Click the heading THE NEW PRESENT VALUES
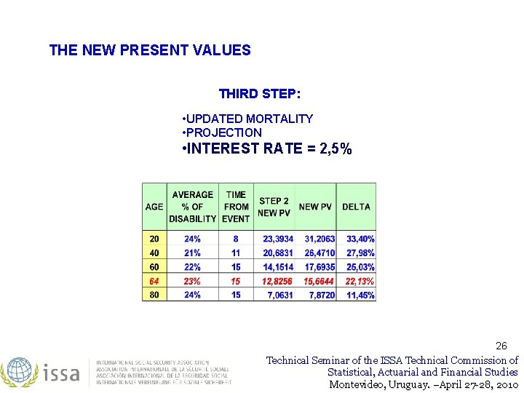point(150,50)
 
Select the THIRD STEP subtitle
point(259,94)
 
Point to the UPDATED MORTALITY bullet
point(249,119)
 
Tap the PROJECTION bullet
point(224,132)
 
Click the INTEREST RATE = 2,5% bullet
point(267,149)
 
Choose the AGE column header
point(154,207)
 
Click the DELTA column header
point(357,207)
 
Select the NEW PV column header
point(315,207)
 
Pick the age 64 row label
point(154,281)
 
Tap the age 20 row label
point(154,239)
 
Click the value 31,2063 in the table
point(319,239)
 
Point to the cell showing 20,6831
point(278,253)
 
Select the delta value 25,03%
point(360,267)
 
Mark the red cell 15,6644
point(319,281)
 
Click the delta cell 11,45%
point(360,295)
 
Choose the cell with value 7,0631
point(280,295)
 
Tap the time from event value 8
point(236,239)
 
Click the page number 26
point(501,345)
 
